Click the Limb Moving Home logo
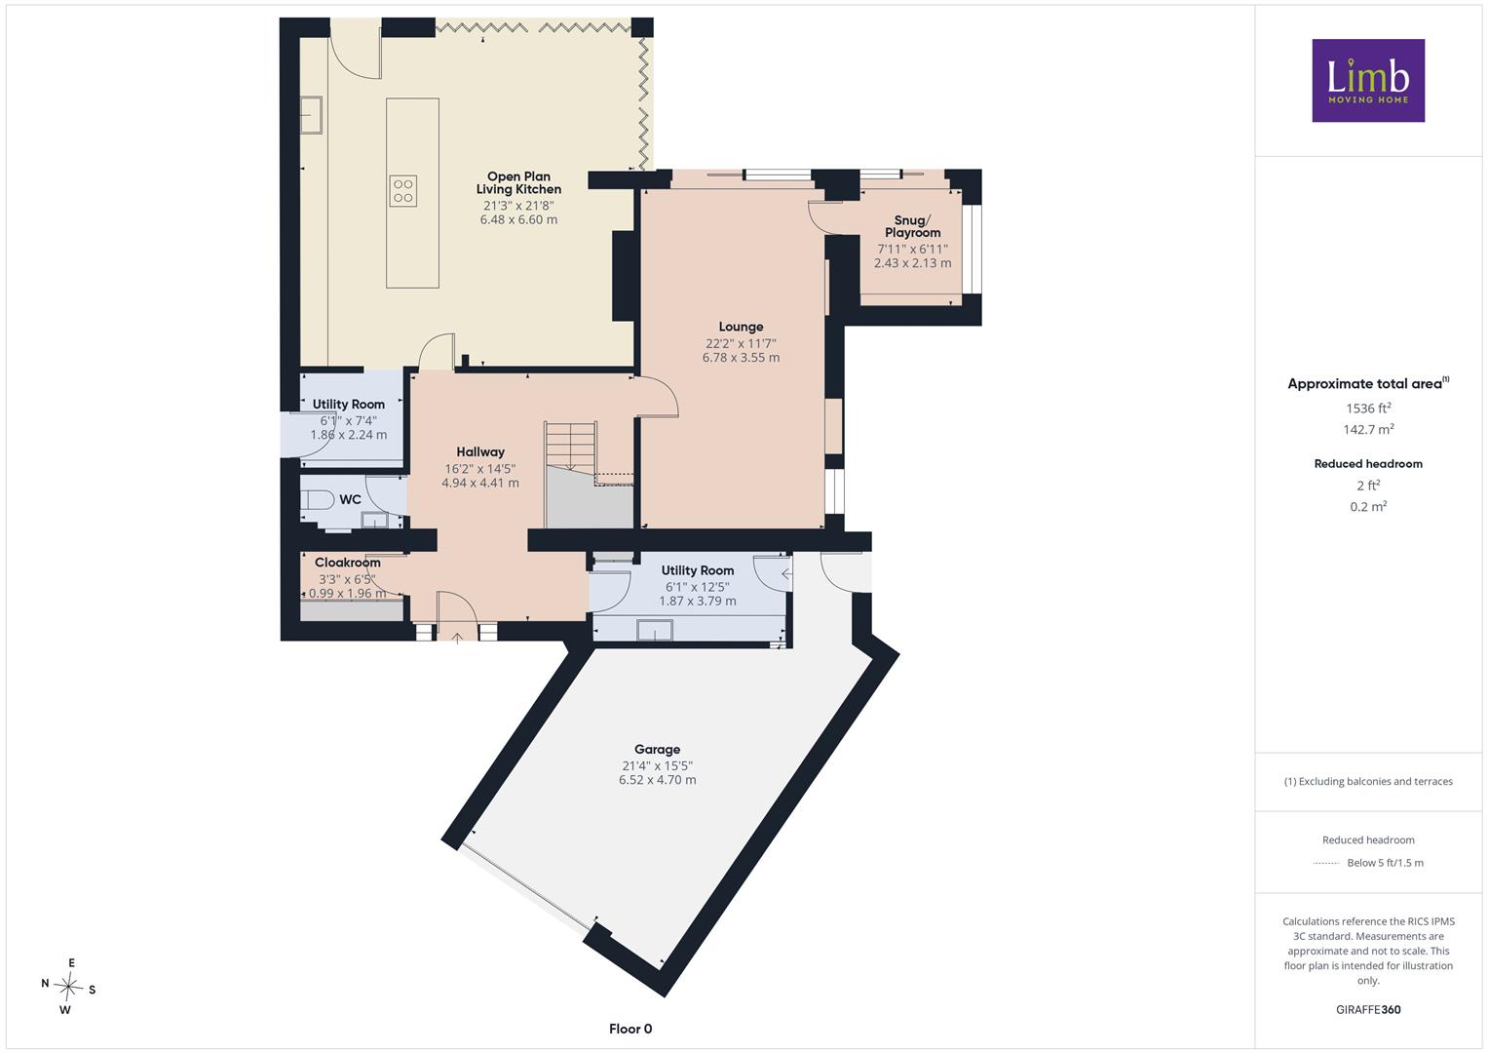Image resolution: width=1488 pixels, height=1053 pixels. click(1368, 80)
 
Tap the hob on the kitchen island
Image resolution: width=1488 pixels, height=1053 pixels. click(403, 191)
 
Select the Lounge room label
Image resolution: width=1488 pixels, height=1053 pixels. click(741, 327)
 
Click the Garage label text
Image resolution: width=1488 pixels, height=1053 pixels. click(657, 749)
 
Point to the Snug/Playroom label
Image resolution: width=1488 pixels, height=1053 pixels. click(912, 226)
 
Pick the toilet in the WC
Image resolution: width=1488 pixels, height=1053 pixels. click(318, 500)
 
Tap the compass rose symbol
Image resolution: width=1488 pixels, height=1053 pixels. click(68, 986)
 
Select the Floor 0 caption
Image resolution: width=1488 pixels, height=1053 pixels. click(630, 1029)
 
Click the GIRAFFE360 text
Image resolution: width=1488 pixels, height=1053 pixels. click(1368, 1009)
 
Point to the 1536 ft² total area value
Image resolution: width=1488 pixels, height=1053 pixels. click(1368, 409)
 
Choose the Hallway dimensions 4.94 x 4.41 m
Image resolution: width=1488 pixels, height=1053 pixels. click(480, 483)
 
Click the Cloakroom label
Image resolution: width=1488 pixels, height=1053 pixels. click(348, 563)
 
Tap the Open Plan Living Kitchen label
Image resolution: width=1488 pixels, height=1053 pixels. click(518, 183)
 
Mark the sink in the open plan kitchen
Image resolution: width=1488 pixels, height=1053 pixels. click(312, 115)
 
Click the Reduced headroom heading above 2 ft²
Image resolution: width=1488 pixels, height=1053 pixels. click(1368, 463)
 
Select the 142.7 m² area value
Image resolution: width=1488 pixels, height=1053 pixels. click(1368, 429)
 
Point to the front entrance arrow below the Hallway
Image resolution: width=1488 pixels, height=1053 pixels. click(458, 639)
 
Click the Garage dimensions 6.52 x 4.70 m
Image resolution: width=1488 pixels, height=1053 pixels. click(658, 780)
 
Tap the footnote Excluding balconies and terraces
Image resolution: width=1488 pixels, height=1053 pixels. click(1368, 781)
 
